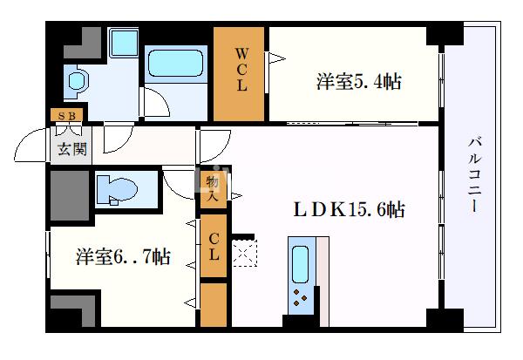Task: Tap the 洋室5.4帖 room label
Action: pos(358,83)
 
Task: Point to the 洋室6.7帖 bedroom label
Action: pos(122,257)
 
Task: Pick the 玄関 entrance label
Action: pos(71,149)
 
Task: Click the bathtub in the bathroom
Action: pos(175,64)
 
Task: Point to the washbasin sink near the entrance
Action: pos(77,82)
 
